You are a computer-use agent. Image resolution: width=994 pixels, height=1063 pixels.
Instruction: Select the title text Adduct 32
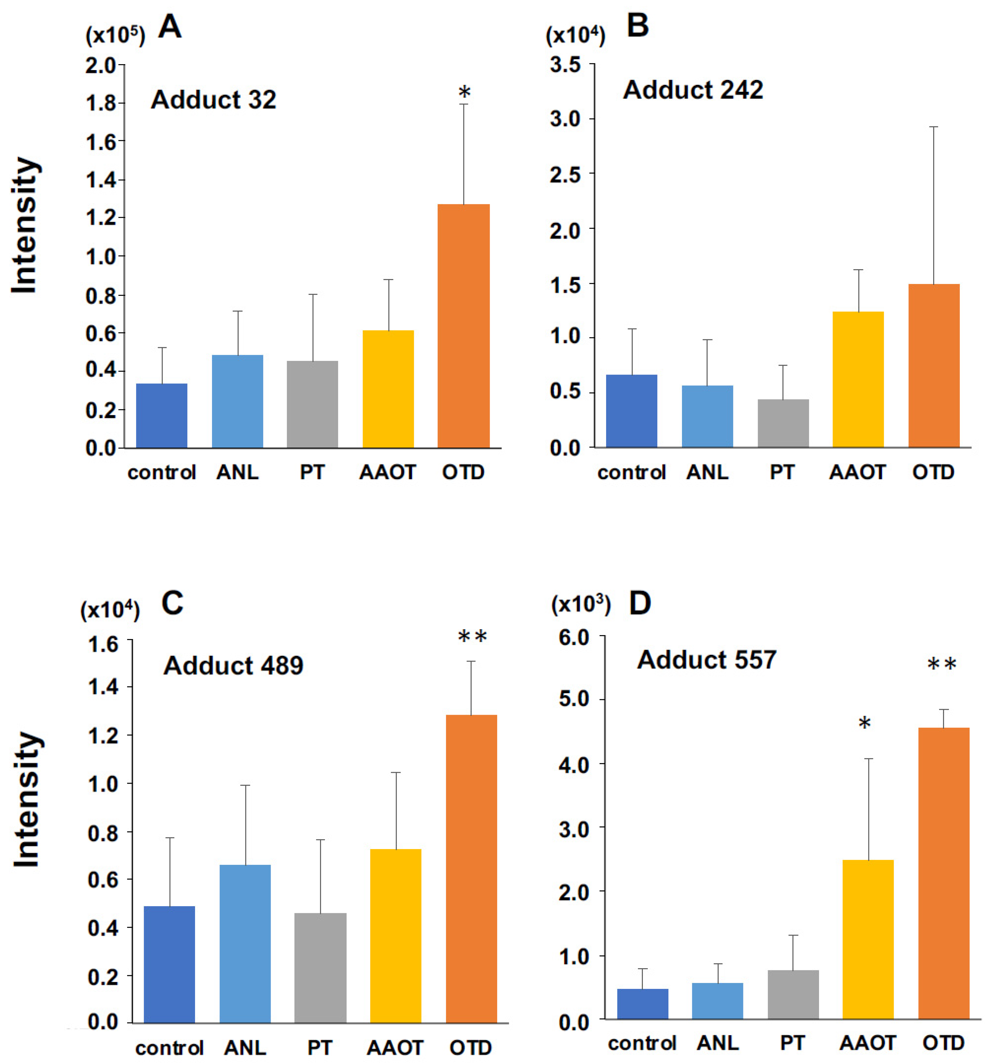pos(213,100)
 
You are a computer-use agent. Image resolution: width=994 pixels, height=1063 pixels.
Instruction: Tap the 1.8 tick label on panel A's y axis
pos(101,103)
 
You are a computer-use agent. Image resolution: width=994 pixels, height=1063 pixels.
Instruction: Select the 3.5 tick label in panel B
pos(565,65)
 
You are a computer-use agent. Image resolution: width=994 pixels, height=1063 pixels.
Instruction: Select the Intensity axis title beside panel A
pos(25,224)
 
